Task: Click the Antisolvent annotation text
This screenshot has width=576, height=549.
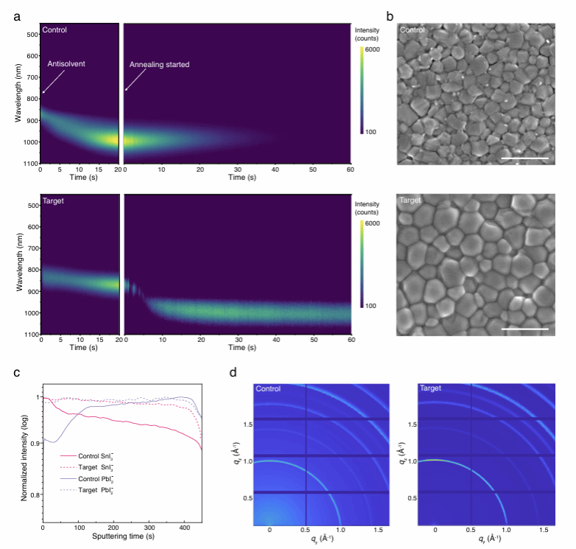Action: click(67, 64)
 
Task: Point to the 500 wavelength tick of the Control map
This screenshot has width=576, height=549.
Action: click(32, 35)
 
